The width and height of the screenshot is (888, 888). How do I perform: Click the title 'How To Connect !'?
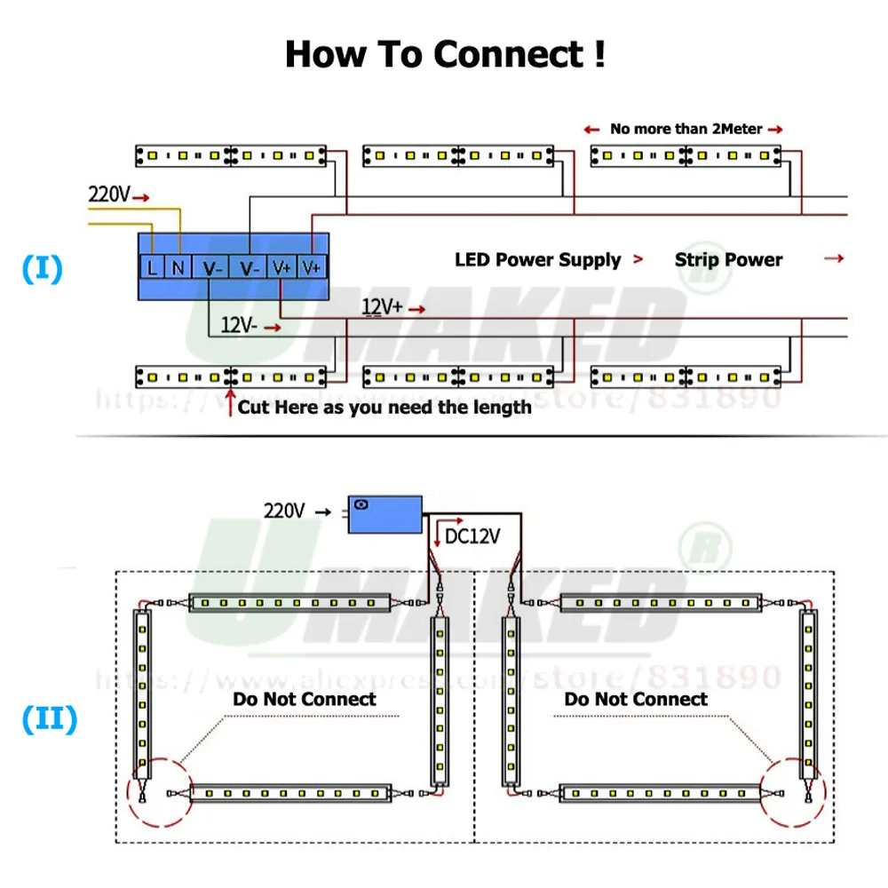[445, 54]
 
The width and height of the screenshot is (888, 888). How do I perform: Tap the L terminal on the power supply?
[153, 266]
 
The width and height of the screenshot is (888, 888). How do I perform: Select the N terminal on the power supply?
[178, 266]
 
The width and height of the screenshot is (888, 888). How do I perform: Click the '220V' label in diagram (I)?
[108, 194]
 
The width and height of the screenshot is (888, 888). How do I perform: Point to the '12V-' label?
[238, 326]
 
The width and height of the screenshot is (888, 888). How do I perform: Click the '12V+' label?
[382, 307]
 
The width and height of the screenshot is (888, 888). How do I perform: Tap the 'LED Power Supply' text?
[537, 260]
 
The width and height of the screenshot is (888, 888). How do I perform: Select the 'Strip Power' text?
[728, 260]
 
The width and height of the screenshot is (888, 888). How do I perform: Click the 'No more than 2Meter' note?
[686, 129]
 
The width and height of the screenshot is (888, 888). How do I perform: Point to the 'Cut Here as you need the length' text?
[385, 408]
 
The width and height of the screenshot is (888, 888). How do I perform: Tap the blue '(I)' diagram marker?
[43, 269]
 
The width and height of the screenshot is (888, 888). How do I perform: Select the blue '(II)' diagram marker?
[48, 720]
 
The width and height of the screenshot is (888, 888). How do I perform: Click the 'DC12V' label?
[472, 536]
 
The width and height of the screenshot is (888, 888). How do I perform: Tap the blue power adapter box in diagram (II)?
[385, 513]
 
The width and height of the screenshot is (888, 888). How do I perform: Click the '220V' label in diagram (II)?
[284, 511]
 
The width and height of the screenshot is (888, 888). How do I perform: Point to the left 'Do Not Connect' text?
[305, 699]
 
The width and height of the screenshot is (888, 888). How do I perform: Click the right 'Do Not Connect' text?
[636, 699]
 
